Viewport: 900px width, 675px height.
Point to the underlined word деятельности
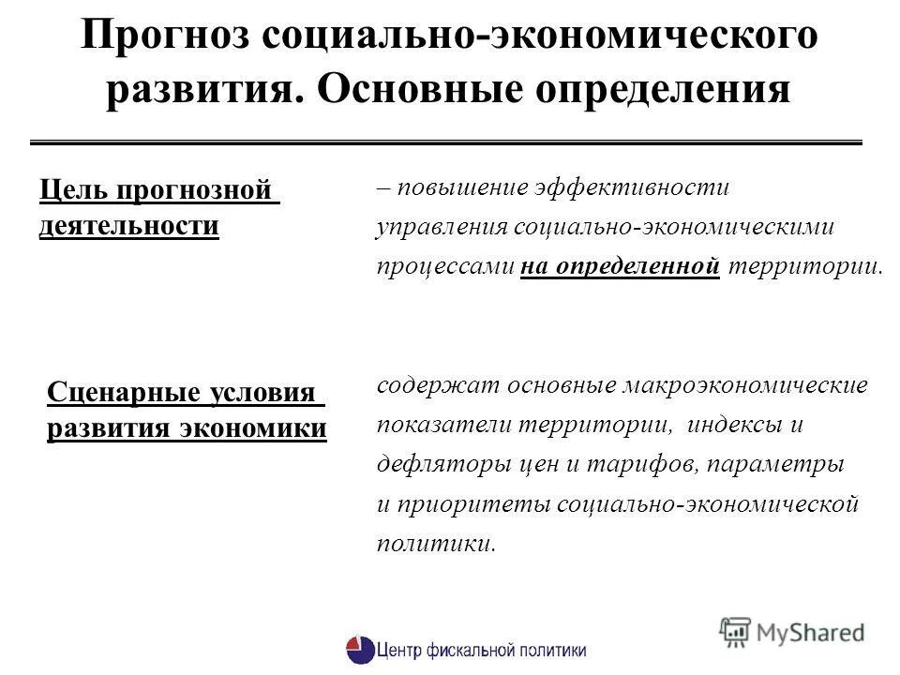point(129,226)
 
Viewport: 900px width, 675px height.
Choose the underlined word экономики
point(263,428)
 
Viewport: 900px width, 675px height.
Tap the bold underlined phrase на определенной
point(620,266)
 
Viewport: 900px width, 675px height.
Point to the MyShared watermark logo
point(792,631)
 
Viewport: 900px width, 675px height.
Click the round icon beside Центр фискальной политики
point(359,650)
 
